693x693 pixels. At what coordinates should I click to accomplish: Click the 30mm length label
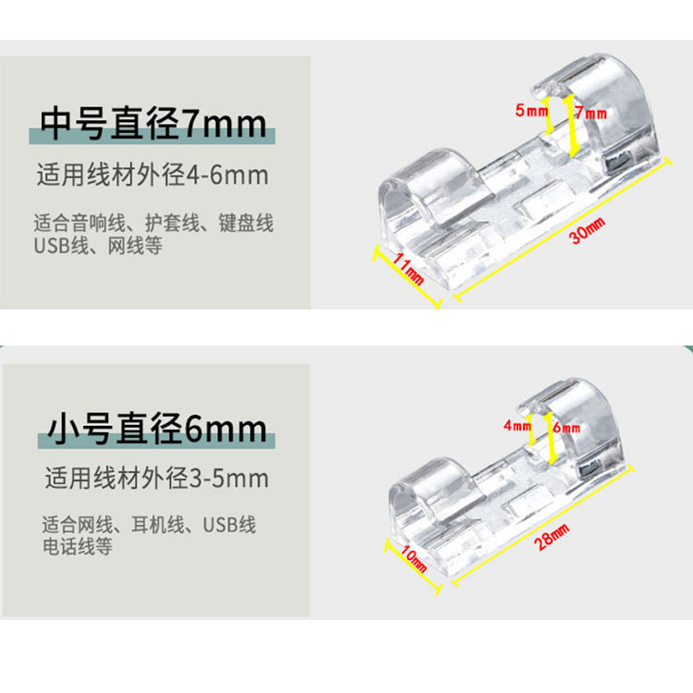(x=588, y=231)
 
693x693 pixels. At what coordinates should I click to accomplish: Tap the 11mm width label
(x=408, y=268)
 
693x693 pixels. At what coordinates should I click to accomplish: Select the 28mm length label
(x=552, y=536)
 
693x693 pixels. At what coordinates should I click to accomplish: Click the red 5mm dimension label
(x=531, y=111)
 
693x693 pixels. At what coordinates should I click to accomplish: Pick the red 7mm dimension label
(x=591, y=113)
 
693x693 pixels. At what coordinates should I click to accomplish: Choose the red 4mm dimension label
(x=517, y=426)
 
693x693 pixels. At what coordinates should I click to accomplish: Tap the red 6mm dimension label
(x=566, y=428)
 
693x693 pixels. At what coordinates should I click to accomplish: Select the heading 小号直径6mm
(x=157, y=429)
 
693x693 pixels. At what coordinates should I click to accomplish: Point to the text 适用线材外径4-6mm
(x=152, y=175)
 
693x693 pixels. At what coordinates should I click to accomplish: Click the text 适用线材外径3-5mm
(x=156, y=479)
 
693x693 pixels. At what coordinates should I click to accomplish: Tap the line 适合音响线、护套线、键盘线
(x=153, y=223)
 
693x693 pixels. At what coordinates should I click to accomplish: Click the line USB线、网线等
(x=98, y=246)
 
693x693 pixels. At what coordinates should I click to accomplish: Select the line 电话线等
(x=78, y=546)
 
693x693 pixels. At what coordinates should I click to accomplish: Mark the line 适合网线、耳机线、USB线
(x=150, y=525)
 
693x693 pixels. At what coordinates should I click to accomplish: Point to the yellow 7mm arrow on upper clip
(x=571, y=125)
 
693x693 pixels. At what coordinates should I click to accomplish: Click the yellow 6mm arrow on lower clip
(x=551, y=438)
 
